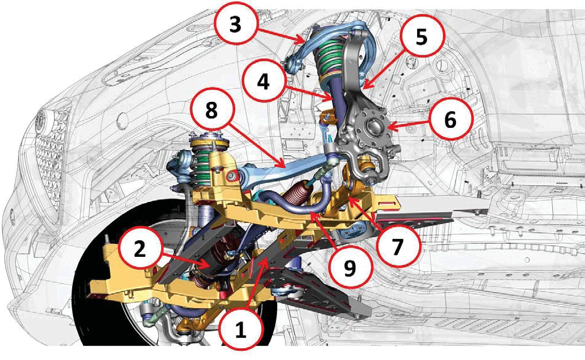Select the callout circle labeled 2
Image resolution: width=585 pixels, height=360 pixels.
click(140, 249)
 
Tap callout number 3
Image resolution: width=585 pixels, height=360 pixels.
click(235, 25)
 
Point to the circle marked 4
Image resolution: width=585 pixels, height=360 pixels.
click(263, 81)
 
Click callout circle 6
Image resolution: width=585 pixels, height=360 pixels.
click(450, 120)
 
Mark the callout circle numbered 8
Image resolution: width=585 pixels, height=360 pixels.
click(212, 111)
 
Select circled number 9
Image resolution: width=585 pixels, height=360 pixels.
click(350, 268)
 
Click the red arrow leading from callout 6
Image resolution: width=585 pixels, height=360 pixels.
click(408, 124)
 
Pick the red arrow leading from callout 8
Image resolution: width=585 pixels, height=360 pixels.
click(257, 146)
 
